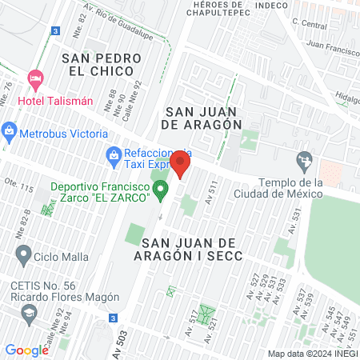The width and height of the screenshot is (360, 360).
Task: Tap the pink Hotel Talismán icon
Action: tap(35, 79)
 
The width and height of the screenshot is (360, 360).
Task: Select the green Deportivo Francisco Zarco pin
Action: tap(161, 190)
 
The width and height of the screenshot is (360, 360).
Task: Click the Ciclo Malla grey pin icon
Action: tap(22, 258)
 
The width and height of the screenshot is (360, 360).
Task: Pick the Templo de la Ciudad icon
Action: tap(303, 160)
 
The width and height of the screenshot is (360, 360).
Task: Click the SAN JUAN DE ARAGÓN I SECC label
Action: tap(197, 250)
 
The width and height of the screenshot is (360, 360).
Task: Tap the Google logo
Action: tap(26, 350)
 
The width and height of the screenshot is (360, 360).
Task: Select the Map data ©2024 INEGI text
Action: tap(311, 354)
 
